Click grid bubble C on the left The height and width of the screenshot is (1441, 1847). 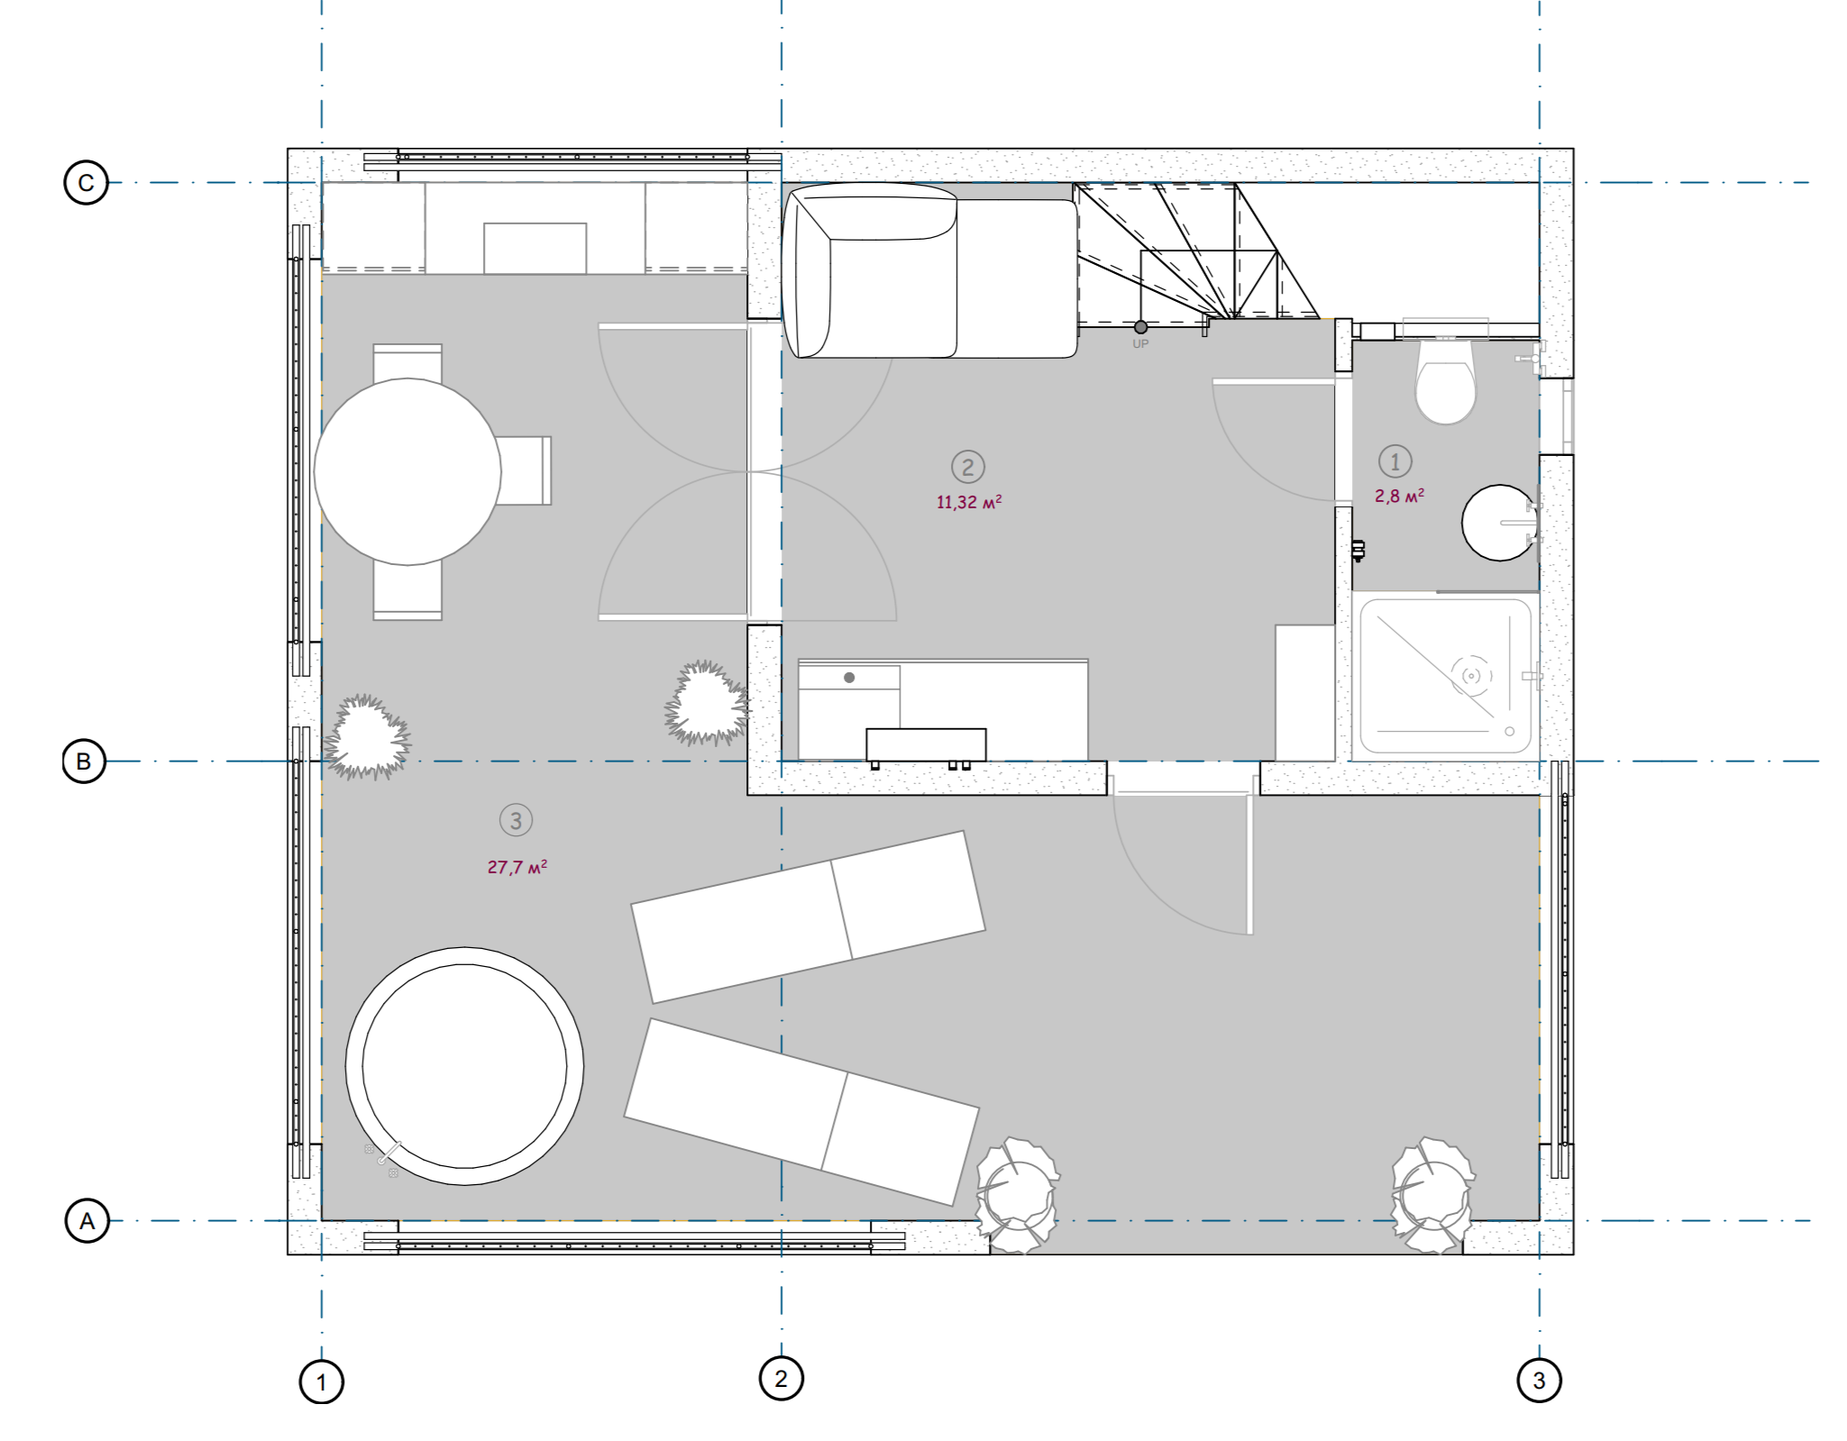(86, 183)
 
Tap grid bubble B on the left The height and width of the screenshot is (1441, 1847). (84, 762)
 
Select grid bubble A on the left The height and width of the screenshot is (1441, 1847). (87, 1221)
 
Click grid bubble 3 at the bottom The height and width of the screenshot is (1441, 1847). (1539, 1381)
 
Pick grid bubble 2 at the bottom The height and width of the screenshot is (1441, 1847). (781, 1379)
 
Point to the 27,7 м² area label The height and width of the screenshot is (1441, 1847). (517, 867)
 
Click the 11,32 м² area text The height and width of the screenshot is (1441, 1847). (969, 502)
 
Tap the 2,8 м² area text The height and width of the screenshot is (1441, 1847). (1399, 496)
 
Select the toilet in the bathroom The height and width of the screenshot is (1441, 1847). (1445, 378)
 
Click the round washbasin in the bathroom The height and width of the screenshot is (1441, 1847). (1499, 523)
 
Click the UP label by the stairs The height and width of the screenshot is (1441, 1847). (1140, 344)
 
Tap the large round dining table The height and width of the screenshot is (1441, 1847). (407, 471)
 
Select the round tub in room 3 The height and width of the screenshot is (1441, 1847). (464, 1066)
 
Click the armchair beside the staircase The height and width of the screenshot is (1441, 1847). (928, 270)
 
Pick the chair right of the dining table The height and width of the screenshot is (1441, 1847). (525, 470)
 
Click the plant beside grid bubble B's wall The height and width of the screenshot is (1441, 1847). (367, 736)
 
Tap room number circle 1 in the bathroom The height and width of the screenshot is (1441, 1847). (1395, 461)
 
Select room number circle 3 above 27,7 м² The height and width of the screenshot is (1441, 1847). (516, 820)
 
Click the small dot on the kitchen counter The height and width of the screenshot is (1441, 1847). (849, 678)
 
